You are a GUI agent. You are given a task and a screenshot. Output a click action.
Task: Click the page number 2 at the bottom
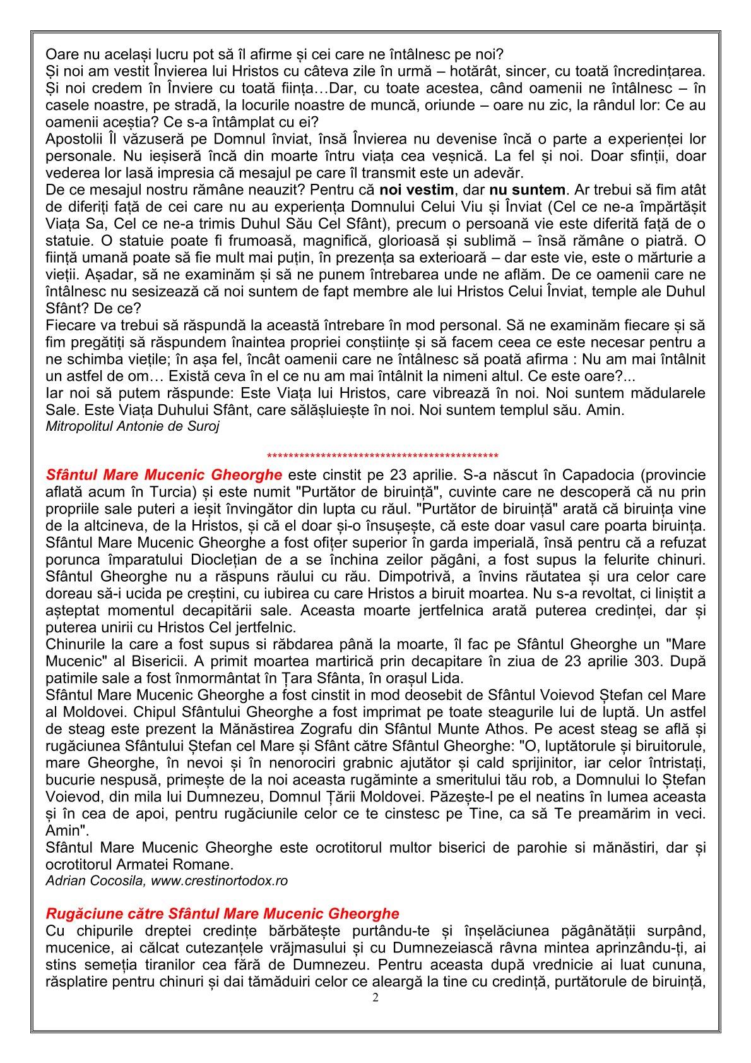375,999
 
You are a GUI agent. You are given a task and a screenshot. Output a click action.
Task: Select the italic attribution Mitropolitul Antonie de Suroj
133,426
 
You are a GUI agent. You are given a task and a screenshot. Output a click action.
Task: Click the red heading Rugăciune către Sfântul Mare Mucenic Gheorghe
223,913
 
